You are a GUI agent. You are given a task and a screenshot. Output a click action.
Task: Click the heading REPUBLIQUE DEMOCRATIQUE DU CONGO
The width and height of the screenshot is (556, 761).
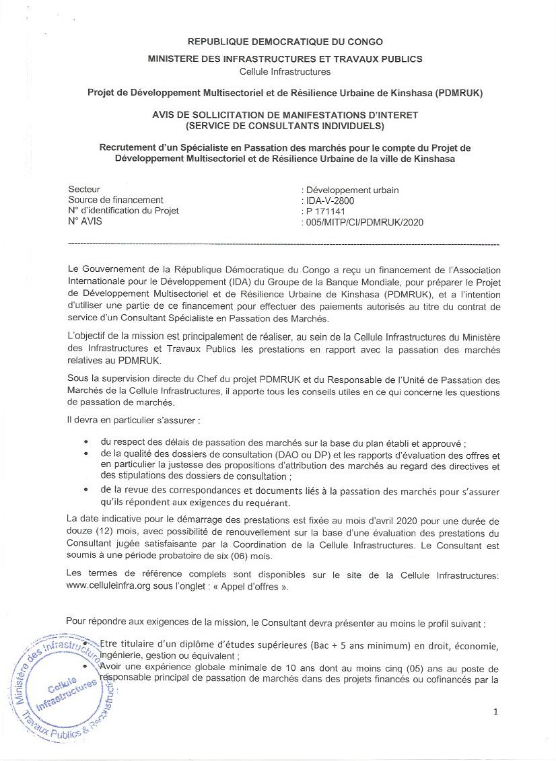pos(284,42)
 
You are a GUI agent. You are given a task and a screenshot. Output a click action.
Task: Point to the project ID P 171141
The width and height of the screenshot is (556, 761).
pos(326,211)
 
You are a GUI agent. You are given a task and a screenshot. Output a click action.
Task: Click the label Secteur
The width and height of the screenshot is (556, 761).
pos(84,190)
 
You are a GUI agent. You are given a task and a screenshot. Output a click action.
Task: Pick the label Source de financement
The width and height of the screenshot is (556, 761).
pos(116,200)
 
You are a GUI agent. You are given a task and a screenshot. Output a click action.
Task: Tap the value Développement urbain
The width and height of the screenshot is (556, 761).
pos(352,190)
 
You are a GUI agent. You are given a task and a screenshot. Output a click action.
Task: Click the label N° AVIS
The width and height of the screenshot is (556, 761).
pos(85,221)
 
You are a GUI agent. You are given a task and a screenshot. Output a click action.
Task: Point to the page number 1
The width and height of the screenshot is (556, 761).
pos(495,712)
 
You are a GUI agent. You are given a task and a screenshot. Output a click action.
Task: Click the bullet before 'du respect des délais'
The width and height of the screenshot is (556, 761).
pos(85,443)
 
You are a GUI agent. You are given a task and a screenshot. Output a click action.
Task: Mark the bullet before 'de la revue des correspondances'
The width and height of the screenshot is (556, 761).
pos(85,491)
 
